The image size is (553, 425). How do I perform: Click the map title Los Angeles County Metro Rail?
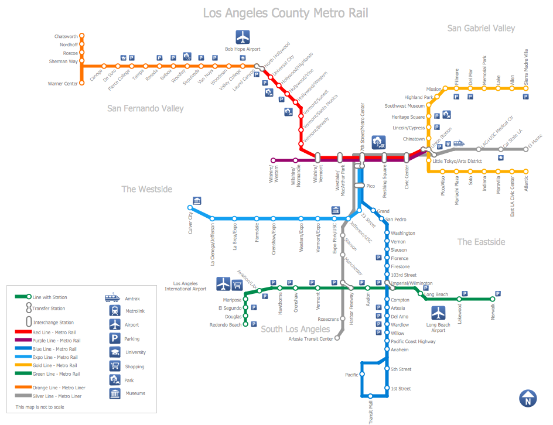click(286, 13)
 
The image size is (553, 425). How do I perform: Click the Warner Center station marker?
click(81, 84)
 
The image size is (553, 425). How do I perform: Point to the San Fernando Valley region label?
click(145, 108)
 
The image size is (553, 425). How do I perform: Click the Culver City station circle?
click(190, 208)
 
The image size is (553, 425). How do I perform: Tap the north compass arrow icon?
click(528, 398)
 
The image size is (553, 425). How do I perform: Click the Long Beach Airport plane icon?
click(439, 313)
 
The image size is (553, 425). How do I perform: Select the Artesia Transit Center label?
click(310, 338)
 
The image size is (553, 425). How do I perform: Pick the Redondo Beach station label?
click(226, 324)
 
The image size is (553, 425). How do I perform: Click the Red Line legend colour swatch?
click(23, 332)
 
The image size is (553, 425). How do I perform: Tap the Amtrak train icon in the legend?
click(113, 297)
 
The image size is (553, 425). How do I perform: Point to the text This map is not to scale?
click(40, 407)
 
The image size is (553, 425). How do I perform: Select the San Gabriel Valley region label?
click(481, 28)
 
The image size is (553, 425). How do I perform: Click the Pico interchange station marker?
click(359, 186)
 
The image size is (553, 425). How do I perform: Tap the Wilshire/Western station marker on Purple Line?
click(273, 160)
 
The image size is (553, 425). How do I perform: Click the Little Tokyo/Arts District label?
click(457, 161)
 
